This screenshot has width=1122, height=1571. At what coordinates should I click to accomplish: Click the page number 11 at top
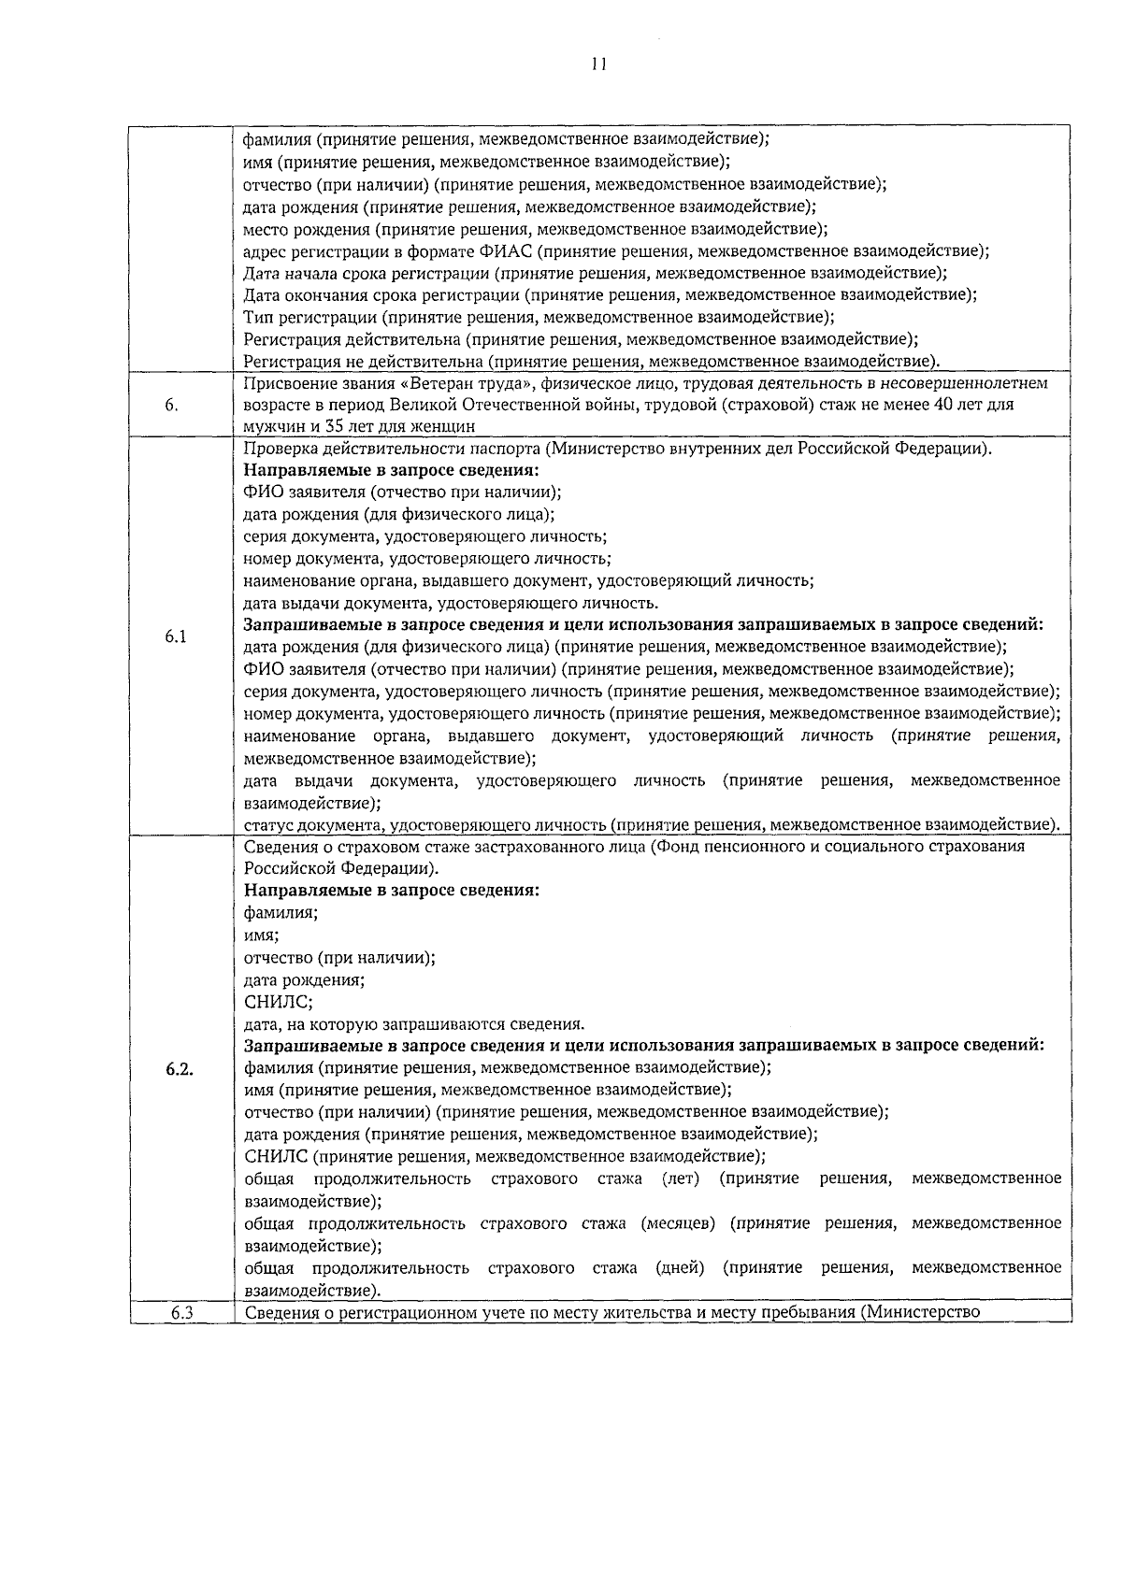[598, 64]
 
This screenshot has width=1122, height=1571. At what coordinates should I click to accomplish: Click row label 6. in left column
[171, 405]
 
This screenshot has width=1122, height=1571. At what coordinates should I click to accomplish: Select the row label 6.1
[176, 636]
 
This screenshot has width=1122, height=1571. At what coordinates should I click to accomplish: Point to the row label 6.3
[181, 1312]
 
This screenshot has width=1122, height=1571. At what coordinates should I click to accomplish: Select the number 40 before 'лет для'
[947, 405]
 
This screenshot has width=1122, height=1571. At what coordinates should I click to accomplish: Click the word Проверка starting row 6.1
[277, 449]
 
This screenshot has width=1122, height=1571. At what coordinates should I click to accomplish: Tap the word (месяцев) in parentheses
[680, 1223]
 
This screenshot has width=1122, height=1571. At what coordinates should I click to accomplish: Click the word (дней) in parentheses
[680, 1267]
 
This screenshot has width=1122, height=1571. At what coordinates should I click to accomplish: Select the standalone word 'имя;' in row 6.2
[261, 935]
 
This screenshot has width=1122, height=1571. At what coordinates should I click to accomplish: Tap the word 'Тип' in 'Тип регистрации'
[256, 317]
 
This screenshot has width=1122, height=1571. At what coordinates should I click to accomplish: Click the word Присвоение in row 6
[283, 383]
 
